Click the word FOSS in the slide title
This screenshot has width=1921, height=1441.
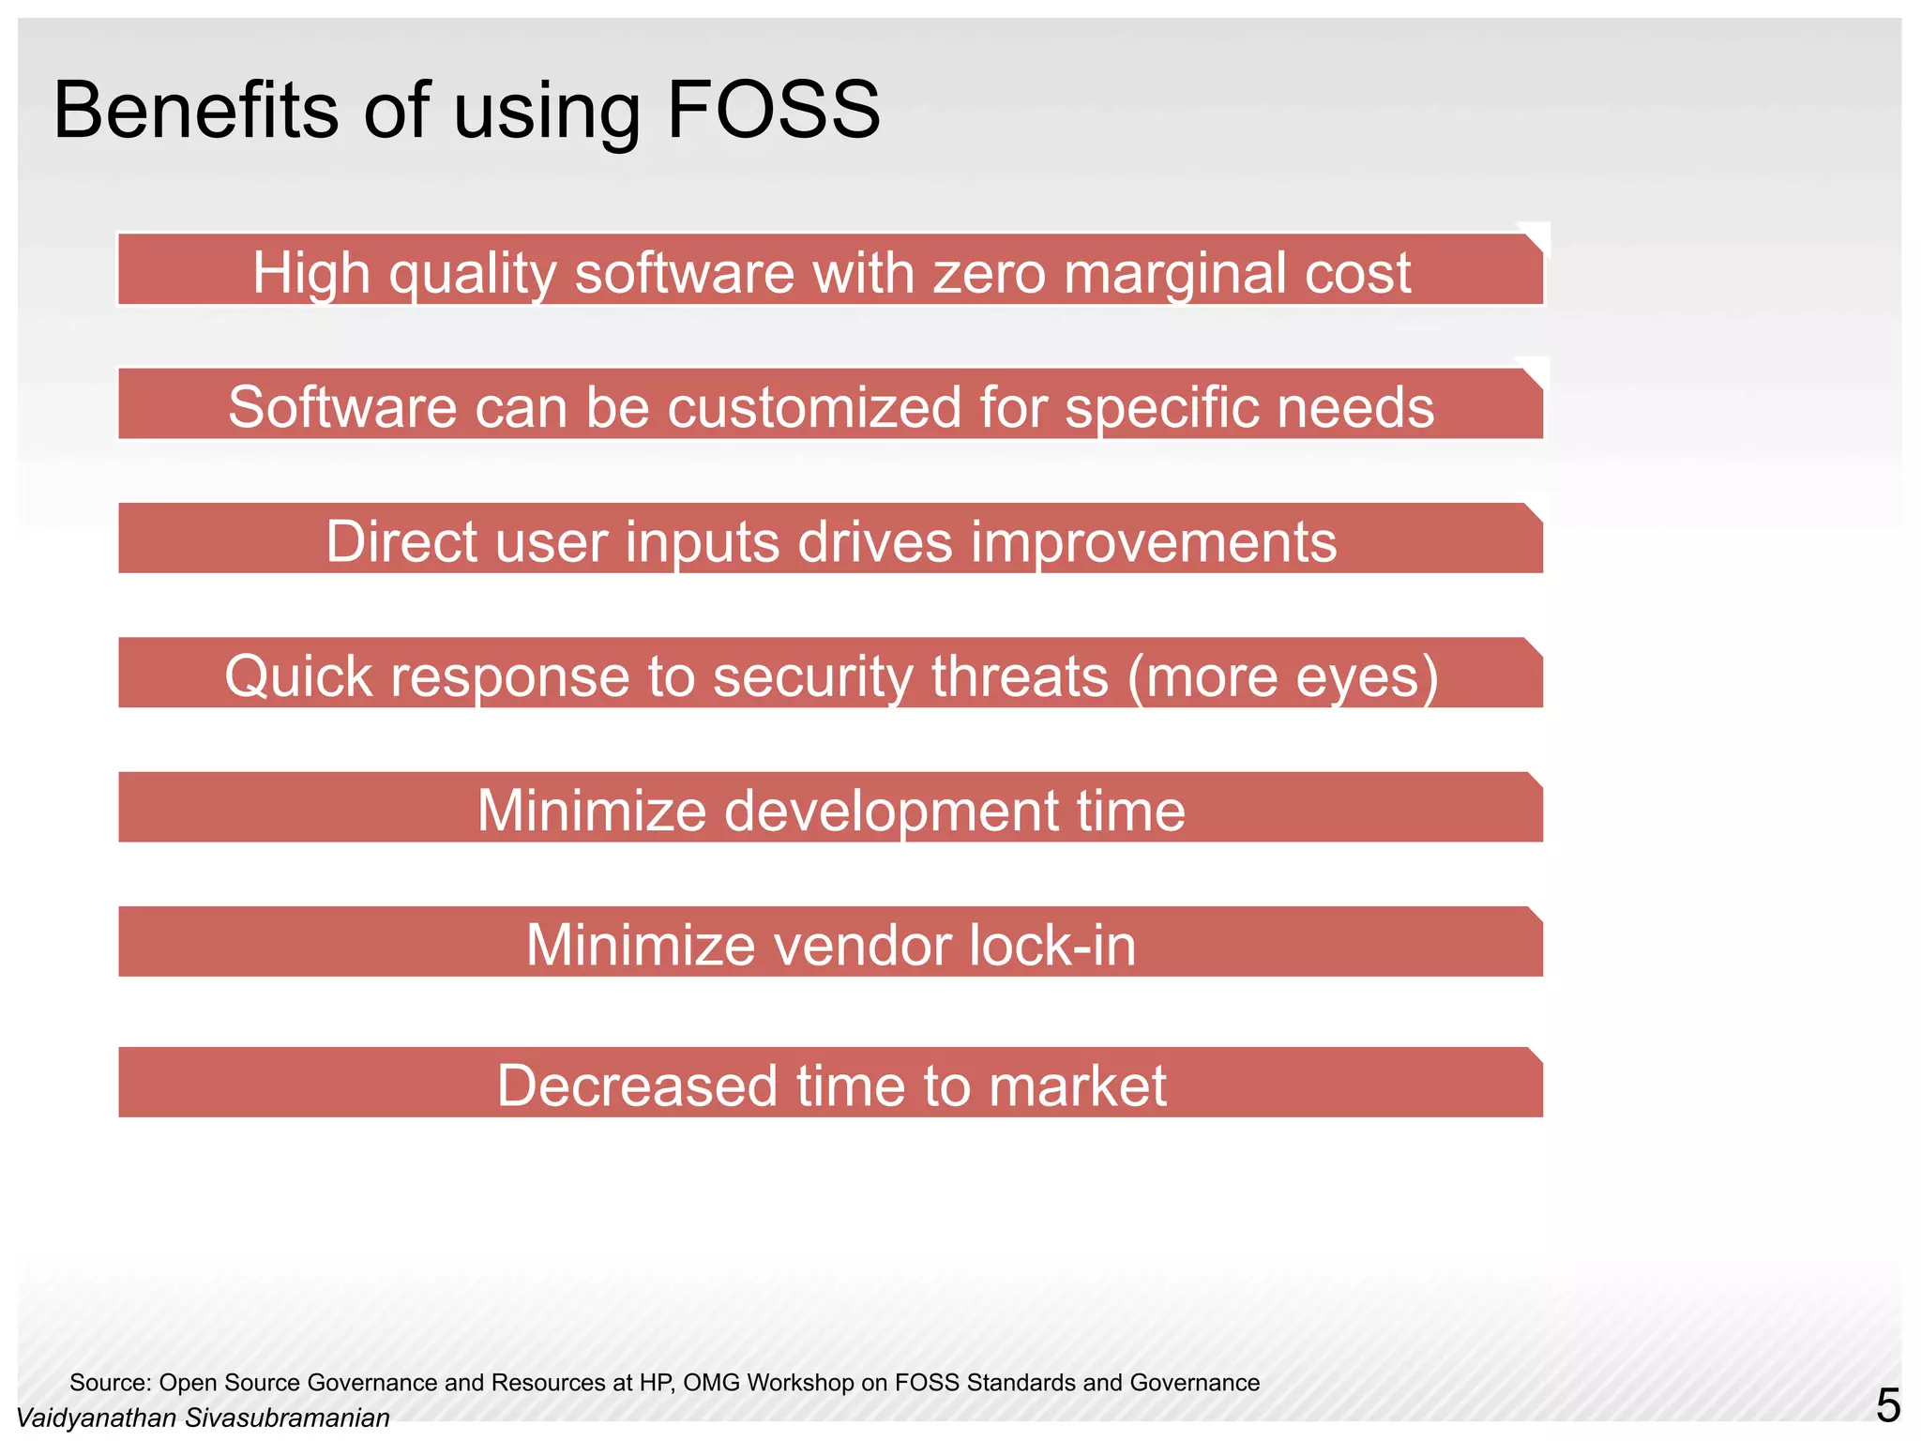click(773, 111)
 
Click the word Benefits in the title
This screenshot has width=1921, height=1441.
click(195, 111)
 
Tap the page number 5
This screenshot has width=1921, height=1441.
click(1887, 1406)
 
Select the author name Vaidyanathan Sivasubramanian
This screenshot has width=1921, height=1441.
click(204, 1418)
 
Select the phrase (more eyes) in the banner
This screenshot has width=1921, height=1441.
click(1283, 676)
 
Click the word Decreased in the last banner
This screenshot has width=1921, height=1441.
click(637, 1085)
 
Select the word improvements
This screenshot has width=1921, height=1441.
click(1153, 542)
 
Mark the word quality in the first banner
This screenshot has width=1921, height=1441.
click(473, 273)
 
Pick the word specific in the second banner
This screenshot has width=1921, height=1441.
click(1148, 407)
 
